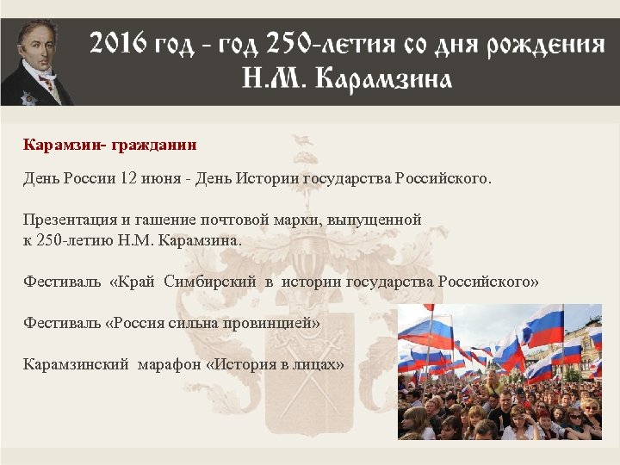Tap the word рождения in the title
pyautogui.click(x=546, y=45)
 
